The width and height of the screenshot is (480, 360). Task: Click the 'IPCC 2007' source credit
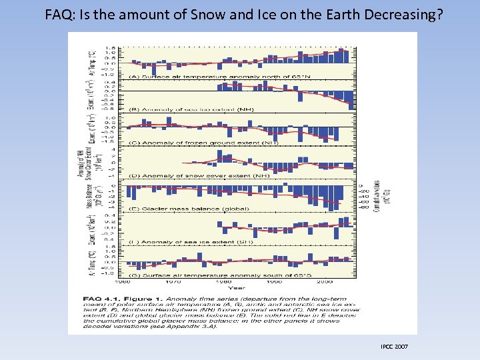click(395, 347)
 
